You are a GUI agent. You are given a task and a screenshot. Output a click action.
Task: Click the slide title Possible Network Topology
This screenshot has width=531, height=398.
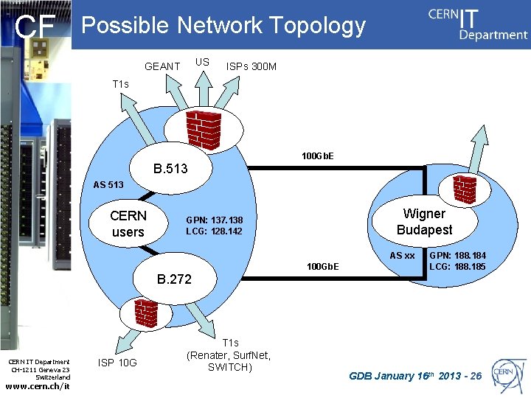pos(223,26)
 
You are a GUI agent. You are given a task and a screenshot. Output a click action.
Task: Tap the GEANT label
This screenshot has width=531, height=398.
pos(162,66)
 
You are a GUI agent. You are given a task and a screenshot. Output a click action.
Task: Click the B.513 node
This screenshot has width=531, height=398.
pos(170,169)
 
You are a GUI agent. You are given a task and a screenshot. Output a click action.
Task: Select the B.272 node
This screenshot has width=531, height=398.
pos(173,279)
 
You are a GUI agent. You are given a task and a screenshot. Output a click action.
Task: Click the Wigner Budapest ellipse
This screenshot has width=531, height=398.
pos(424,222)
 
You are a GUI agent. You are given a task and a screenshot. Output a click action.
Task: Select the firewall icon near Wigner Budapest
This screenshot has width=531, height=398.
pos(465,190)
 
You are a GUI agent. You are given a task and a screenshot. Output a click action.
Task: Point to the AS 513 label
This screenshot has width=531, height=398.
pos(108,184)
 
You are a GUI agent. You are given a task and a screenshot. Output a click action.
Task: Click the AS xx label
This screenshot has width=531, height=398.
pos(402,256)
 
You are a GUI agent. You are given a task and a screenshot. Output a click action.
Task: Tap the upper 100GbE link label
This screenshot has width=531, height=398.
pos(318,156)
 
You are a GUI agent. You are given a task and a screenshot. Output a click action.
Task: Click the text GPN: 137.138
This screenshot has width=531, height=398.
pos(214,220)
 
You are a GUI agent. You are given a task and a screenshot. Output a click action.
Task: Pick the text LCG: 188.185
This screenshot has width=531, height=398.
pos(457,266)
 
